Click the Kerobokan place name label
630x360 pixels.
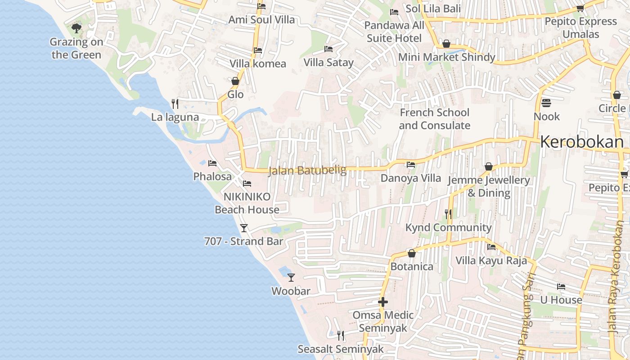(x=581, y=142)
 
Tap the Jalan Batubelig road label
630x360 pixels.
(x=307, y=171)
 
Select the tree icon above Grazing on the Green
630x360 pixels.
(x=76, y=28)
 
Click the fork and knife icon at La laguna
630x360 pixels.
(x=175, y=104)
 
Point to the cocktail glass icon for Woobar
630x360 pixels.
(x=291, y=277)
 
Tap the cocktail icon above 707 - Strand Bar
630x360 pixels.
(x=243, y=228)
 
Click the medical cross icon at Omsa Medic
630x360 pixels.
(x=382, y=301)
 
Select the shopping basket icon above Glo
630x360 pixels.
(x=235, y=81)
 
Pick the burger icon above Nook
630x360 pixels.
(x=546, y=103)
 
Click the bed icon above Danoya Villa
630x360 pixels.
(x=411, y=165)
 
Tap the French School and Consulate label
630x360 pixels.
(x=434, y=119)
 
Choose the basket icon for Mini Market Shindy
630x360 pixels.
(x=446, y=44)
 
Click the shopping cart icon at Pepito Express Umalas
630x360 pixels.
(x=580, y=8)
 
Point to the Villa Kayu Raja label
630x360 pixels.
(x=491, y=261)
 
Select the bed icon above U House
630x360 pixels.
(x=561, y=286)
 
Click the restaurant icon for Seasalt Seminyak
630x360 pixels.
(x=341, y=335)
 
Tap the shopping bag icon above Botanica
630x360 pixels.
(x=411, y=253)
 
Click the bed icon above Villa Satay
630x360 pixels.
(x=328, y=49)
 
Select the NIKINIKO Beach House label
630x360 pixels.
(x=247, y=203)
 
